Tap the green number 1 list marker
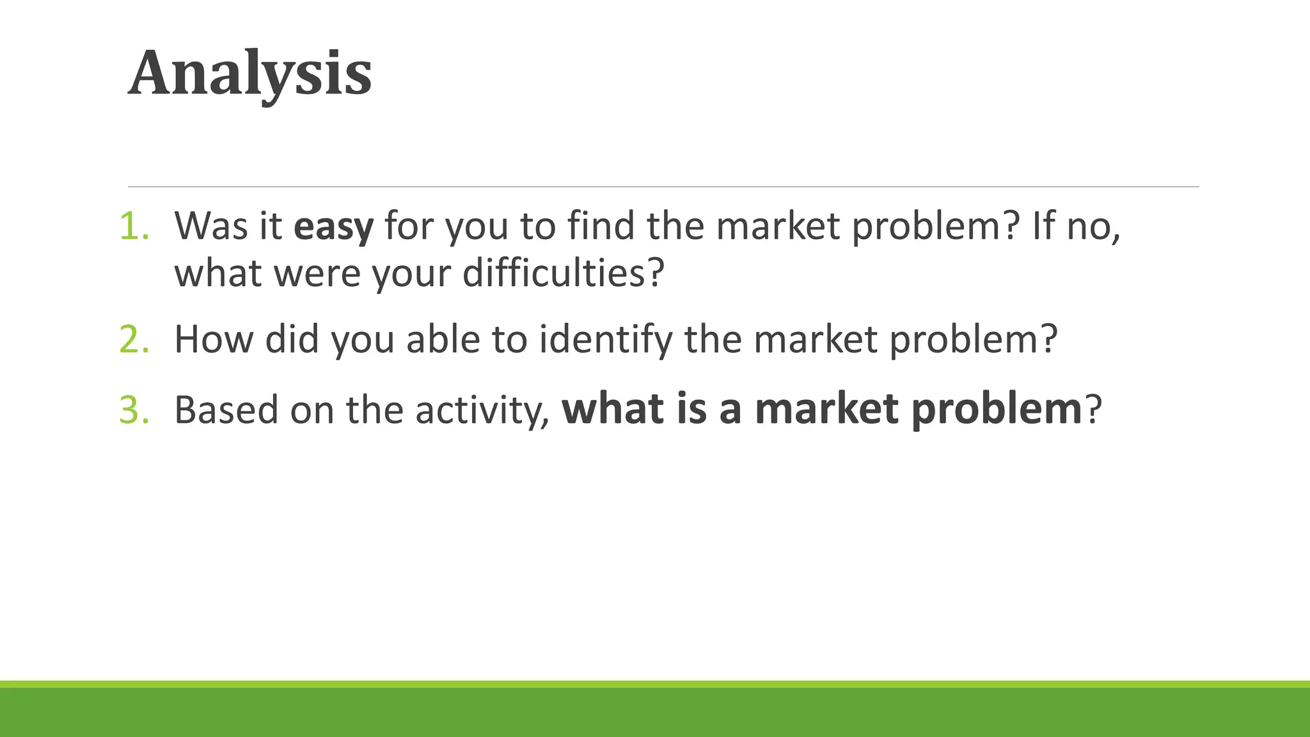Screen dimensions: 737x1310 134,226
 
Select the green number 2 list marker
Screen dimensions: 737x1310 134,339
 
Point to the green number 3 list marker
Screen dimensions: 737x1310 134,409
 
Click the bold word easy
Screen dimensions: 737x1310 333,226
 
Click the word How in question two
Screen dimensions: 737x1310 214,339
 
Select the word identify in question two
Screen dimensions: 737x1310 606,339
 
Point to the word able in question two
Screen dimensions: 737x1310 443,339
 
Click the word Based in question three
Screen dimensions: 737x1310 226,409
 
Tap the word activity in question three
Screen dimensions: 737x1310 480,409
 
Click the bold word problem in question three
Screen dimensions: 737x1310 996,409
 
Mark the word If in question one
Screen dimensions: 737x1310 1042,226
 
